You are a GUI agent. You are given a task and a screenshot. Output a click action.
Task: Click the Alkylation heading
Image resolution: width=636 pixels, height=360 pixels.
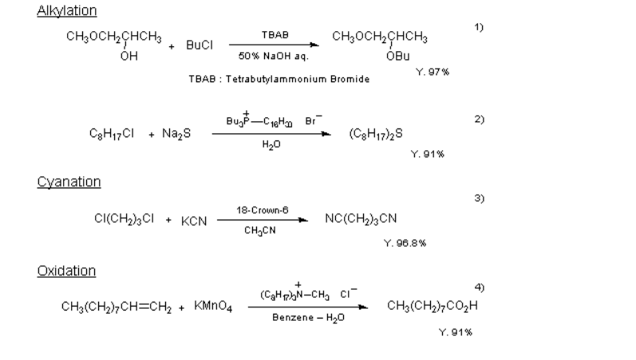click(67, 10)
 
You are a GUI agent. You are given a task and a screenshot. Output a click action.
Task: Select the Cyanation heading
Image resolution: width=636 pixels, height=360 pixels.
click(69, 182)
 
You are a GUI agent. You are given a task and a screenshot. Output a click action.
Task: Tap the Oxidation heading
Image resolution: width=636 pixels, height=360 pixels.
click(66, 271)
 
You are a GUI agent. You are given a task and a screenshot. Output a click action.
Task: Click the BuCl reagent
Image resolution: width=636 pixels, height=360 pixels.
click(199, 45)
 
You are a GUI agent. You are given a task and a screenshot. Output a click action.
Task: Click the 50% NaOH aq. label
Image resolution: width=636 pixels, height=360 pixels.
click(275, 56)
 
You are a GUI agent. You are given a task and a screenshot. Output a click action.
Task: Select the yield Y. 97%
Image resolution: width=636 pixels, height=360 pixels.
click(433, 72)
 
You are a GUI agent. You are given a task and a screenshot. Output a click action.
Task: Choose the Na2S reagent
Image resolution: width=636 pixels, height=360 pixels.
click(176, 134)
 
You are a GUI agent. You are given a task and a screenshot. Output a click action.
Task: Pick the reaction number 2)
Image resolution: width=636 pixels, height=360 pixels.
click(480, 118)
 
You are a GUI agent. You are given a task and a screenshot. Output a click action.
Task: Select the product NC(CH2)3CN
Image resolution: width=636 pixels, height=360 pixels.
click(361, 218)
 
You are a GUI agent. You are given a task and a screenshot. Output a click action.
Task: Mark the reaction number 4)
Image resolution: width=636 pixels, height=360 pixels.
click(480, 286)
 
